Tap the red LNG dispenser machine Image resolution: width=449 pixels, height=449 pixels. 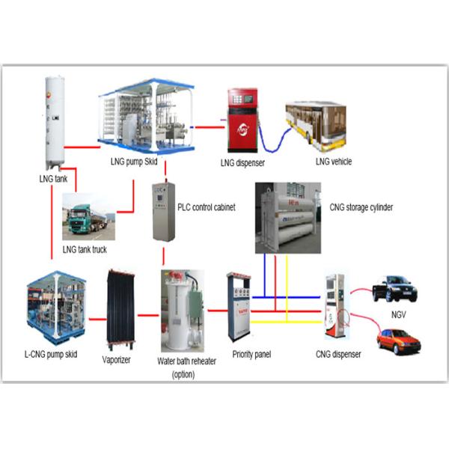point(242,120)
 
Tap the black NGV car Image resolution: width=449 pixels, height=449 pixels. point(395,287)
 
